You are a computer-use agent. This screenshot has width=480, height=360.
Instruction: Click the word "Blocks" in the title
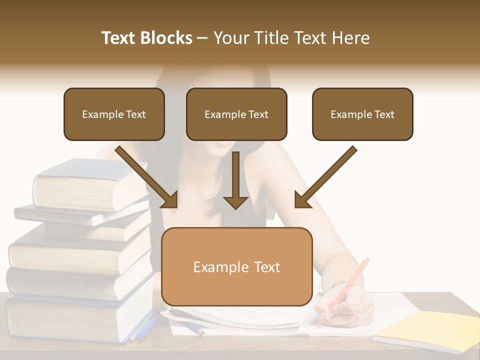click(167, 38)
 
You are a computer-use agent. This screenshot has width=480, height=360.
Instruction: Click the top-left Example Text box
click(114, 114)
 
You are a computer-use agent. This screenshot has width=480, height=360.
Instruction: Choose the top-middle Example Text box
click(236, 114)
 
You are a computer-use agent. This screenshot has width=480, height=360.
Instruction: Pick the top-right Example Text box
click(362, 114)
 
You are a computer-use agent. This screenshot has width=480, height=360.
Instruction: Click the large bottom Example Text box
click(237, 266)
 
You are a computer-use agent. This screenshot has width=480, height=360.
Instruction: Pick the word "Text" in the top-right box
click(383, 114)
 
